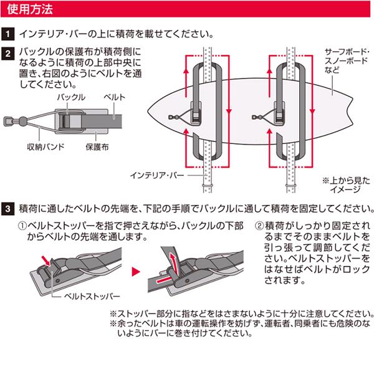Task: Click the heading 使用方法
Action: pyautogui.click(x=30, y=11)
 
